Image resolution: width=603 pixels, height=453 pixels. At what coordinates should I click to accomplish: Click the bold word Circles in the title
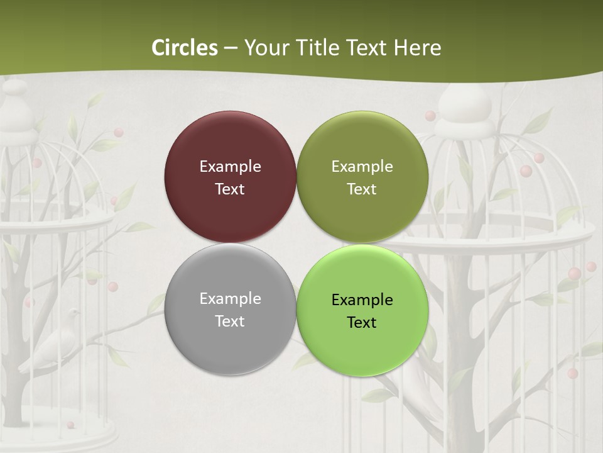point(185,48)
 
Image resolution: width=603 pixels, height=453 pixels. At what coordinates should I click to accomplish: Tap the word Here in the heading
point(417,48)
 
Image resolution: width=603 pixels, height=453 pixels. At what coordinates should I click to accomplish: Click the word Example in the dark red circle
point(230,167)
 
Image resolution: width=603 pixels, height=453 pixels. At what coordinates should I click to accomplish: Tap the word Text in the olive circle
point(362,189)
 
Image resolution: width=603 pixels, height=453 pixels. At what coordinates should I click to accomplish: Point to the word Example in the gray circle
point(230,299)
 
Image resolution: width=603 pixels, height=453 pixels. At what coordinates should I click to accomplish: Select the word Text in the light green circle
point(362,323)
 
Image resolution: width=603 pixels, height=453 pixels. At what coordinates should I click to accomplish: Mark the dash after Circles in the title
point(231,48)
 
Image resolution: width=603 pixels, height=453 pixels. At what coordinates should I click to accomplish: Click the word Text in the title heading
point(368,48)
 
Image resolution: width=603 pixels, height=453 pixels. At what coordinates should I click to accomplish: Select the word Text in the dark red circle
point(230,189)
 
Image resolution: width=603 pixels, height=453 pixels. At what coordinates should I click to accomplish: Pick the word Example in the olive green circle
point(362,167)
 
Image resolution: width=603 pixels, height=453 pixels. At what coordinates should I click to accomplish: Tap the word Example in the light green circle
point(362,300)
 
